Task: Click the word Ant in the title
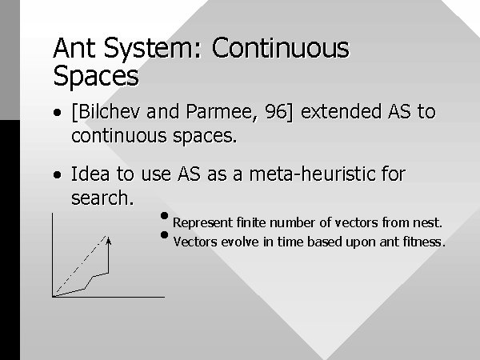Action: [74, 48]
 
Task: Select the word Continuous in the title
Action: [281, 48]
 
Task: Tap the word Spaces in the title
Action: [96, 77]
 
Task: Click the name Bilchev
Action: [107, 111]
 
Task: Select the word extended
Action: [341, 111]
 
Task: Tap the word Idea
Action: [90, 174]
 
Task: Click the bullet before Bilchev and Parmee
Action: [57, 112]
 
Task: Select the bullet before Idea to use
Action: [57, 174]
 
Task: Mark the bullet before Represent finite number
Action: [164, 216]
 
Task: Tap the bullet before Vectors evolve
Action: [164, 234]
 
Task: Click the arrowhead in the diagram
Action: [108, 241]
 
